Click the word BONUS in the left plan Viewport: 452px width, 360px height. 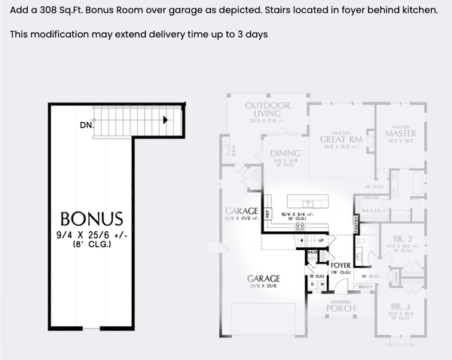[91, 219]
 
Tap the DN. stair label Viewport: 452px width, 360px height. [86, 126]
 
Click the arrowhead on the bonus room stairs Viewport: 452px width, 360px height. [166, 119]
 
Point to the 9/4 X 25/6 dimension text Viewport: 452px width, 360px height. [91, 234]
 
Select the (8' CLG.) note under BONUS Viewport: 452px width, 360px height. [91, 245]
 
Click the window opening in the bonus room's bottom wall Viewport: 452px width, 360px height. [90, 329]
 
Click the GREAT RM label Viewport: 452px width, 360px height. [341, 139]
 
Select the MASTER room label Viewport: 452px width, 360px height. [399, 134]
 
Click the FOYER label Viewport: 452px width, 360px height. [341, 265]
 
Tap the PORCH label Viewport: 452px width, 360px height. [340, 308]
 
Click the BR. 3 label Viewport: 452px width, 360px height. [400, 307]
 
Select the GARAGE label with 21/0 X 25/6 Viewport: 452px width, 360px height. [264, 278]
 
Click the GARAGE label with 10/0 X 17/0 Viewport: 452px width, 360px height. [240, 210]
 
